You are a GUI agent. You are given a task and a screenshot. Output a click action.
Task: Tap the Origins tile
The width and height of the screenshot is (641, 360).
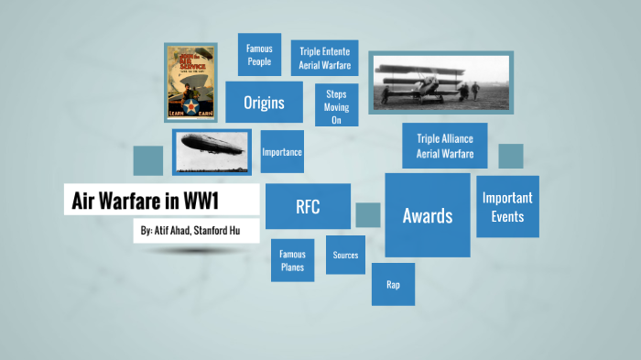point(264,103)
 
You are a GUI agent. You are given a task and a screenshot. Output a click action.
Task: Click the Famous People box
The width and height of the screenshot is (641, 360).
point(259,55)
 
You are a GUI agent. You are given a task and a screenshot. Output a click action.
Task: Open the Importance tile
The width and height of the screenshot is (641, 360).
point(282,152)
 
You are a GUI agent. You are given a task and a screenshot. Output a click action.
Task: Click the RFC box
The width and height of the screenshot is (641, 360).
point(308,206)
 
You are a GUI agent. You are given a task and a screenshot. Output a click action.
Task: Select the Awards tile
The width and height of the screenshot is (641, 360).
point(427,215)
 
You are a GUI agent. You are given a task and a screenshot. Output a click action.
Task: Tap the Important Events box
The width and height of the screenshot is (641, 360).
point(507,206)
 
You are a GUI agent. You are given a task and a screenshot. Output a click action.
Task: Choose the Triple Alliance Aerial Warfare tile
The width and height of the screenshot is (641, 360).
point(444,146)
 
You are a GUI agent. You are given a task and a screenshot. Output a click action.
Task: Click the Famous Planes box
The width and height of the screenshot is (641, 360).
point(293,260)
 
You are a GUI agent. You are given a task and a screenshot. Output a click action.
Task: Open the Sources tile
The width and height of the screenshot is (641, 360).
point(345,256)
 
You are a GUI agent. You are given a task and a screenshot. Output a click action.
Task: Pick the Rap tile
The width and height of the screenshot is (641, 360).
point(393,284)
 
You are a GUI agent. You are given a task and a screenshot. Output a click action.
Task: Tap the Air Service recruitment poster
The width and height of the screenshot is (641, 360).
point(190,82)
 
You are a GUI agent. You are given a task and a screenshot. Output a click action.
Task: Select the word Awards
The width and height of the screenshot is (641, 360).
point(427,216)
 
